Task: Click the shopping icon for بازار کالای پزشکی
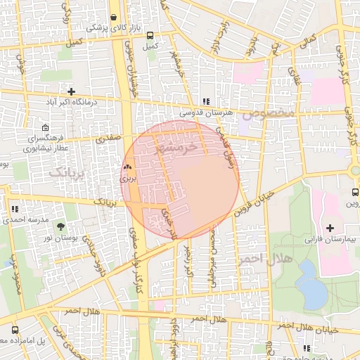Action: pyautogui.click(x=114, y=17)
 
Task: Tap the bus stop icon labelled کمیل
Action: pyautogui.click(x=149, y=35)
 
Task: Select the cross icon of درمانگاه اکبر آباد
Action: pyautogui.click(x=71, y=91)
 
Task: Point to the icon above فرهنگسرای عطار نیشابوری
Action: pyautogui.click(x=45, y=129)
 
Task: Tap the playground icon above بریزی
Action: pyautogui.click(x=127, y=168)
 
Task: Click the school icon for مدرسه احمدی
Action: pyautogui.click(x=15, y=209)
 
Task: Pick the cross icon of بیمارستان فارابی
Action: pyautogui.click(x=330, y=227)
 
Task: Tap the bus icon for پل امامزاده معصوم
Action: pyautogui.click(x=15, y=330)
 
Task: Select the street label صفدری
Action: pyautogui.click(x=109, y=139)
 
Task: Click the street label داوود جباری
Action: pyautogui.click(x=91, y=249)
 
